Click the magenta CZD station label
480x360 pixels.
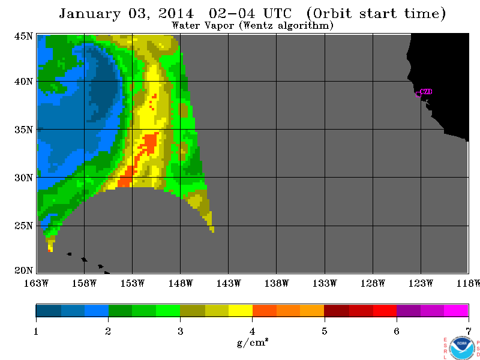point(426,92)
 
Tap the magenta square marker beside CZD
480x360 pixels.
point(418,95)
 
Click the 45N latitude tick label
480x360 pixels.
point(23,36)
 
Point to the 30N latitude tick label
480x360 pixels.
point(23,178)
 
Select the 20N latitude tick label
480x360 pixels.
point(23,271)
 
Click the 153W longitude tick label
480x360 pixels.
point(132,283)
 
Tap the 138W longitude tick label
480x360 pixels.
point(277,283)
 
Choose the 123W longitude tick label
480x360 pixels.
point(421,283)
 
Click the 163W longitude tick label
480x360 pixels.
point(36,283)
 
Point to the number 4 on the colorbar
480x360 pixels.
point(252,331)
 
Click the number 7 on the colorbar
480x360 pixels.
point(469,331)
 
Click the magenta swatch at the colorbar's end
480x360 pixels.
point(456,311)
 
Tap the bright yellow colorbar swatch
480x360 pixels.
point(241,311)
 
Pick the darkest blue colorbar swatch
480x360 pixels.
point(49,311)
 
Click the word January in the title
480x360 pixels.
point(89,14)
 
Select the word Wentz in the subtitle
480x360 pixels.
point(259,25)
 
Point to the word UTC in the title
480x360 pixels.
point(278,13)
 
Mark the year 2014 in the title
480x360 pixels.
point(176,14)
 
